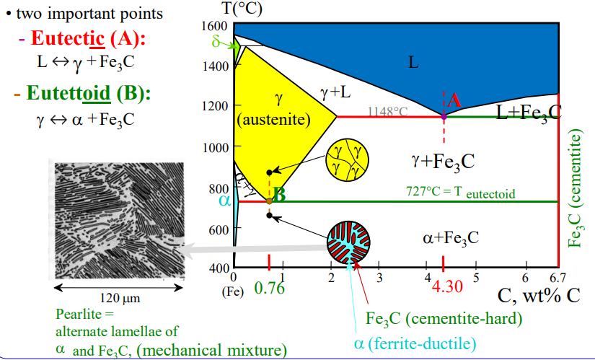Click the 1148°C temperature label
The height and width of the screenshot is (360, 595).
click(x=387, y=111)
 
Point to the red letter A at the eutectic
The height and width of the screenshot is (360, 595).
click(x=454, y=100)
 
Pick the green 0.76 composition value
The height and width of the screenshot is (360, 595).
click(x=270, y=289)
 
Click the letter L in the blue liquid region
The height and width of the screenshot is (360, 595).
click(x=413, y=63)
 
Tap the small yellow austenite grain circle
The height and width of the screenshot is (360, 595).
click(x=345, y=160)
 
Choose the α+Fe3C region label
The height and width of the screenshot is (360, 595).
click(x=451, y=237)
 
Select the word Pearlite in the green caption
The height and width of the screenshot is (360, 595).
click(x=76, y=315)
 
